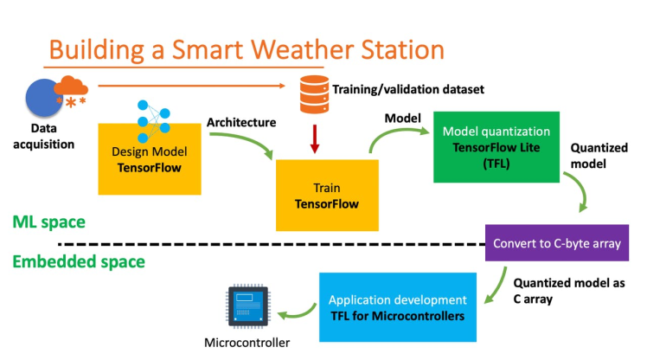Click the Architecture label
[x=241, y=122]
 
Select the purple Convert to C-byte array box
[x=557, y=243]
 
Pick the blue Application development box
[x=399, y=307]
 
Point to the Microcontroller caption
[x=247, y=343]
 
